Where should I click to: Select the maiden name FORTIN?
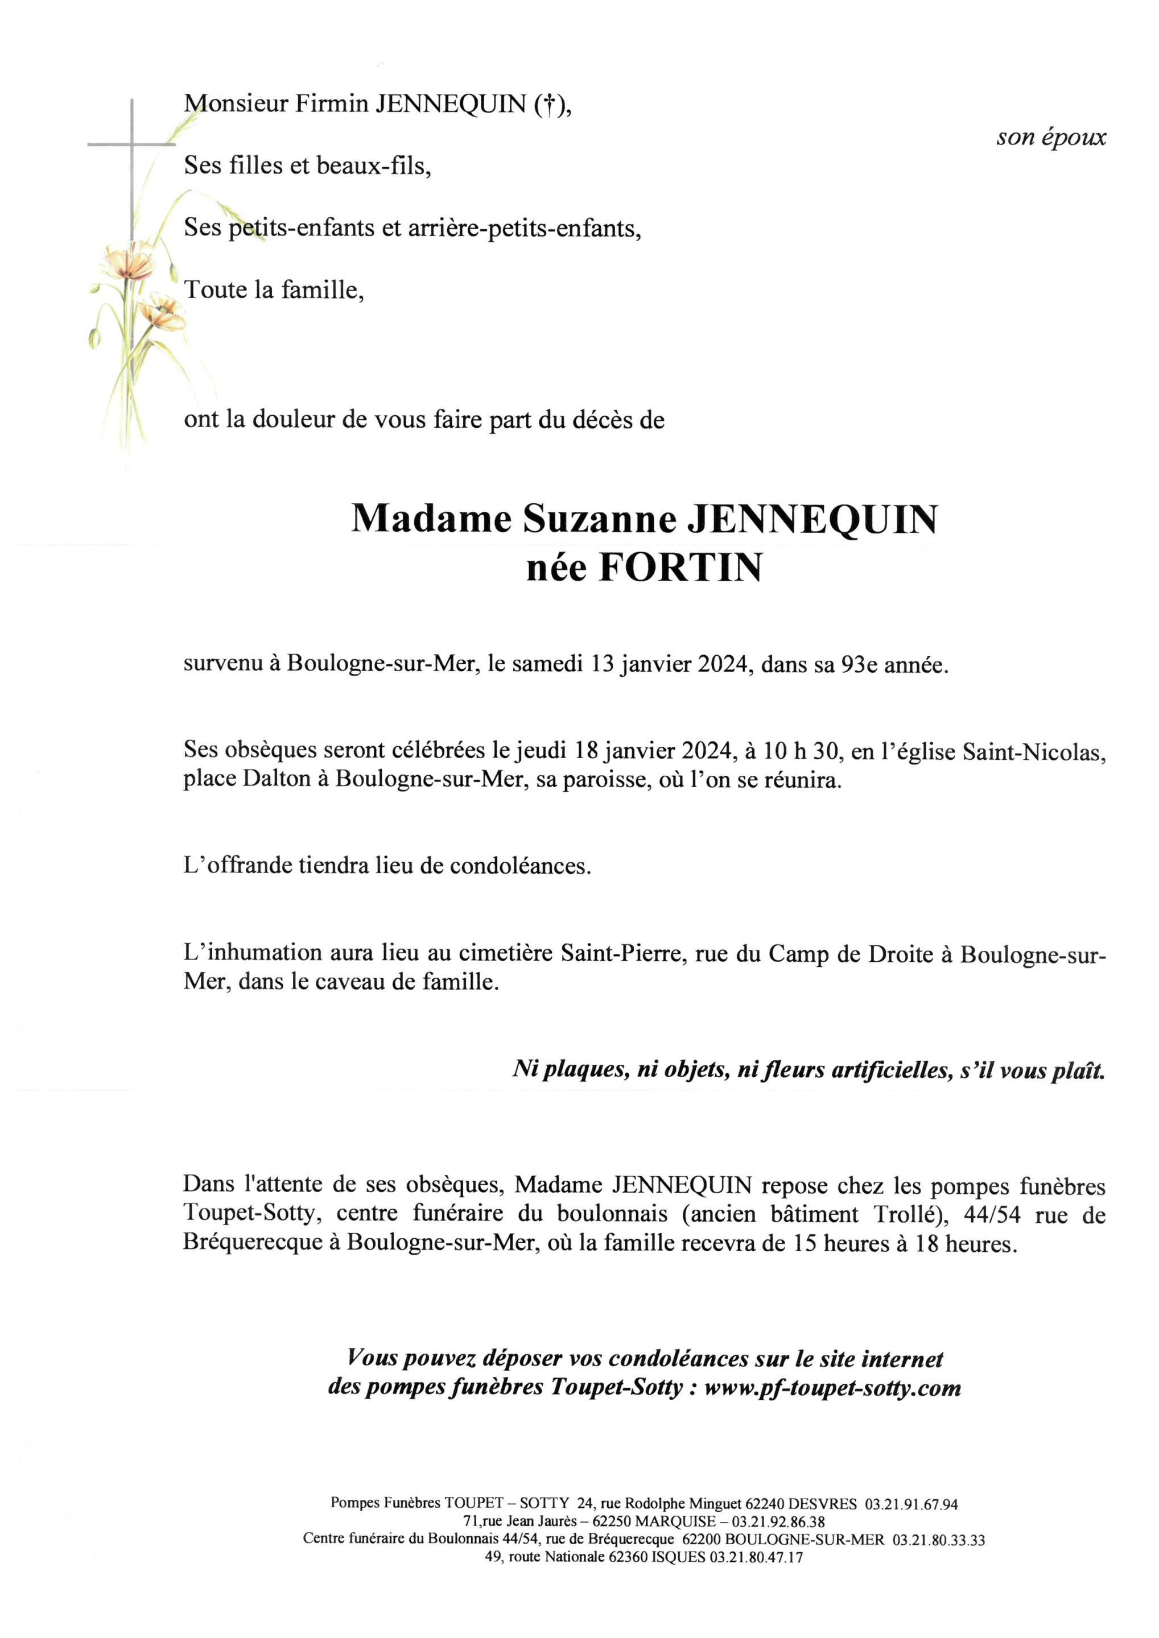click(679, 569)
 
